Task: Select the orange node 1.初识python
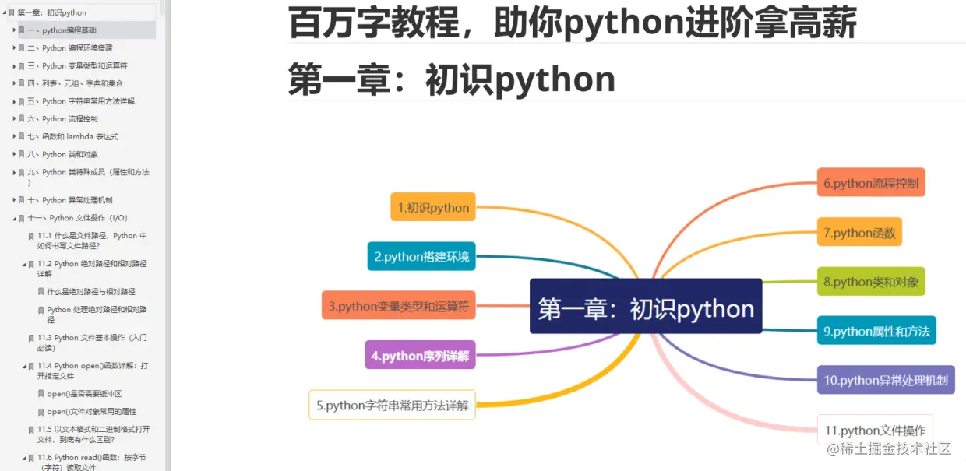[433, 207]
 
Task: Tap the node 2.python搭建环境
[421, 256]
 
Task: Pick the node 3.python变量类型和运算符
[398, 306]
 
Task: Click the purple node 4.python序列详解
[420, 355]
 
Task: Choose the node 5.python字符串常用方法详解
[392, 405]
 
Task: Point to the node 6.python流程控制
[871, 183]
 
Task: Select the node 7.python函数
[859, 232]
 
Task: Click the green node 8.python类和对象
[871, 281]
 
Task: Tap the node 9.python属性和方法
[876, 331]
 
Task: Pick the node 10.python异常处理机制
[886, 380]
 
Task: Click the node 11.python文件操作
[875, 430]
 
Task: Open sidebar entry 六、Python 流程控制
[70, 119]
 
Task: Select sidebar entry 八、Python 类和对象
[70, 154]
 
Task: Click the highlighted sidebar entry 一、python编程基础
[69, 30]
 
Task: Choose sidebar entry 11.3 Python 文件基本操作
[91, 343]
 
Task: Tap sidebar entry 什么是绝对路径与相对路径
[91, 292]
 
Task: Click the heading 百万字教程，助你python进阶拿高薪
[572, 23]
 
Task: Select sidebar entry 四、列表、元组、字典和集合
[82, 83]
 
